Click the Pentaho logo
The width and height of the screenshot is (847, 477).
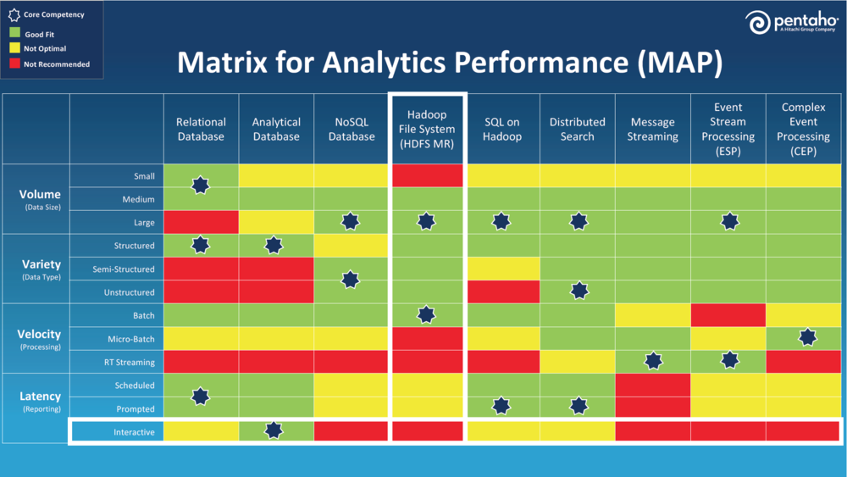792,23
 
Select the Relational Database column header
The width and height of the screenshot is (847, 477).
201,130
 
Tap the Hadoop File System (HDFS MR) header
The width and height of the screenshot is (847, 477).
426,129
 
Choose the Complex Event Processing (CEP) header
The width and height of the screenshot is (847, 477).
804,129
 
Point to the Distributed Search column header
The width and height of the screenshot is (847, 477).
577,130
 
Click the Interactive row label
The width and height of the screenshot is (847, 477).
134,432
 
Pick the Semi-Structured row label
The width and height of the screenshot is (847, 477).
124,269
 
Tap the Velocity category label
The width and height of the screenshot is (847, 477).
40,334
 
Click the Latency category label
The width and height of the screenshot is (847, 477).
40,397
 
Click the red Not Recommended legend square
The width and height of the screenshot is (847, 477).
14,64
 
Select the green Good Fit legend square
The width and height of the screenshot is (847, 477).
14,34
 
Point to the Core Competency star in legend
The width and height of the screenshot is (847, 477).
14,15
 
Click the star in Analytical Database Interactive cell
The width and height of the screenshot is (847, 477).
274,430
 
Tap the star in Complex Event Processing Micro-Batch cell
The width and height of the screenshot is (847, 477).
807,337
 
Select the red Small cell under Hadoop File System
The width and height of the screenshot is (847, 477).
426,175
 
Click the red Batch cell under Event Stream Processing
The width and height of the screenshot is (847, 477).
728,314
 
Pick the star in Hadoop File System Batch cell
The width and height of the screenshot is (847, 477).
426,314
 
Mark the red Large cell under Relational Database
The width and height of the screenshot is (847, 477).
201,222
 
